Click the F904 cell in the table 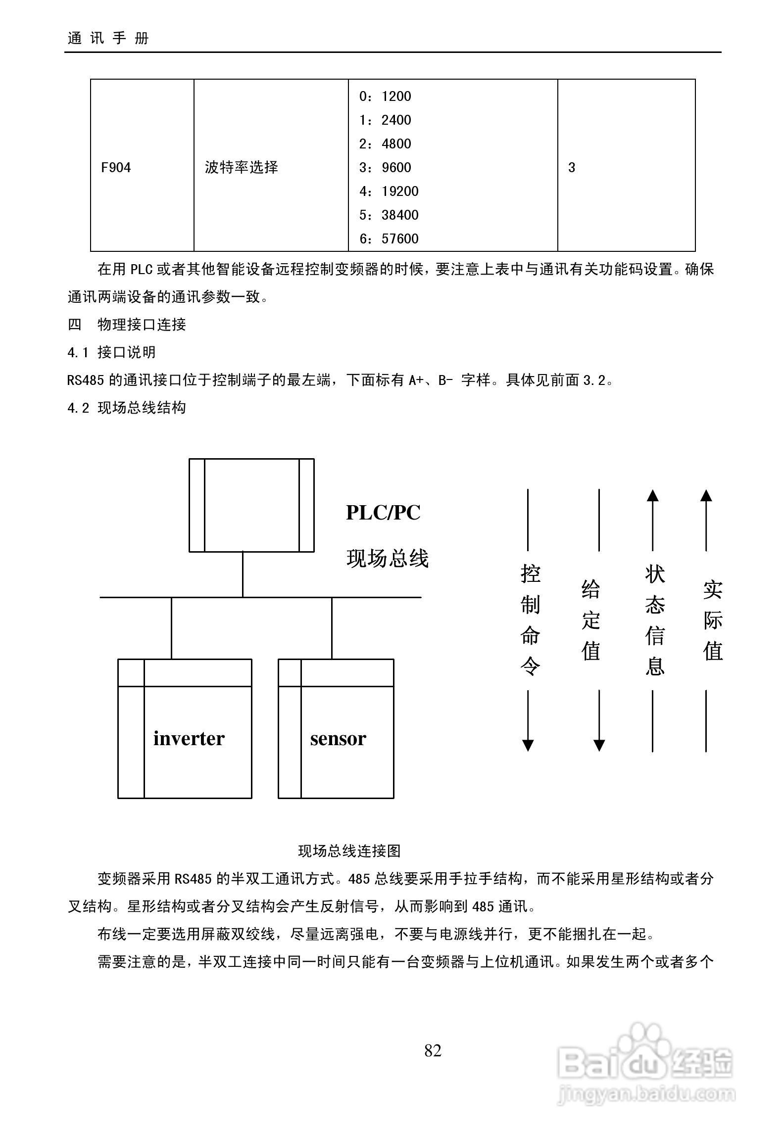pyautogui.click(x=116, y=168)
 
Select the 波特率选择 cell pyautogui.click(x=241, y=168)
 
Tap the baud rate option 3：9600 pyautogui.click(x=385, y=168)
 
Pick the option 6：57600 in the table pyautogui.click(x=389, y=239)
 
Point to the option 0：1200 pyautogui.click(x=385, y=96)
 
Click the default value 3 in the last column pyautogui.click(x=572, y=168)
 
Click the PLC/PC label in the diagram pyautogui.click(x=383, y=512)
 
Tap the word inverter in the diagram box pyautogui.click(x=189, y=739)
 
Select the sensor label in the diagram pyautogui.click(x=338, y=739)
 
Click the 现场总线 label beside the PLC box pyautogui.click(x=387, y=559)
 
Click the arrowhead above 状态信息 pyautogui.click(x=653, y=495)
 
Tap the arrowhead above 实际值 pyautogui.click(x=706, y=495)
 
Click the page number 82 pyautogui.click(x=433, y=1050)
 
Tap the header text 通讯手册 pyautogui.click(x=108, y=38)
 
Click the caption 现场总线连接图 pyautogui.click(x=349, y=851)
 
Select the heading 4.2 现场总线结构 pyautogui.click(x=127, y=408)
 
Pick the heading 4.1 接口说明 pyautogui.click(x=112, y=352)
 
